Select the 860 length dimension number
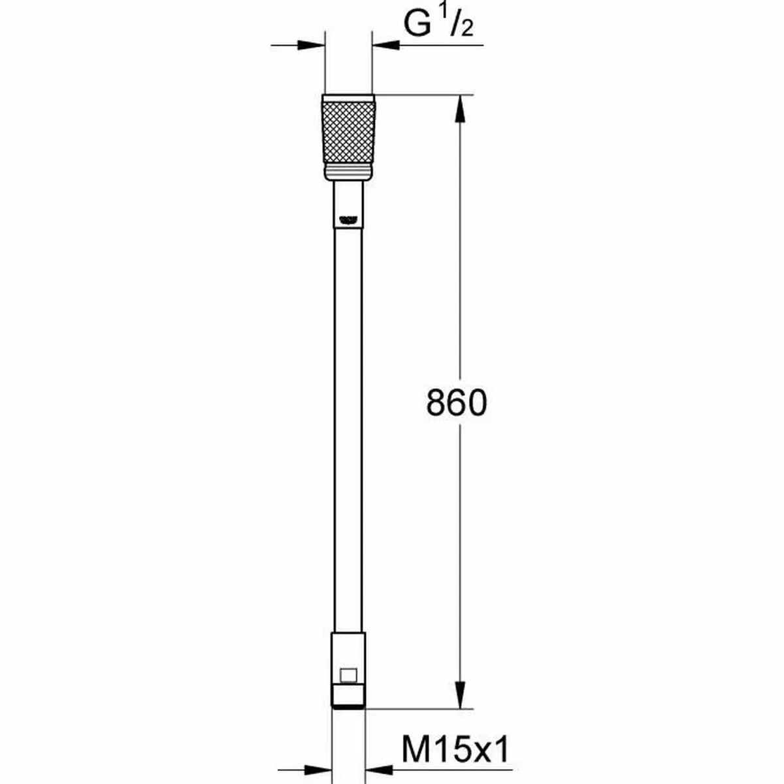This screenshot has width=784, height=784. [x=457, y=403]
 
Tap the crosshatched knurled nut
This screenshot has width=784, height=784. [x=348, y=133]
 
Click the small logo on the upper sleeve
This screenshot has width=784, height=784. [x=348, y=220]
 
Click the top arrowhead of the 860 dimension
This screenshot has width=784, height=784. [x=461, y=108]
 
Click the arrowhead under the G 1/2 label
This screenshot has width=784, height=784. [x=385, y=45]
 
